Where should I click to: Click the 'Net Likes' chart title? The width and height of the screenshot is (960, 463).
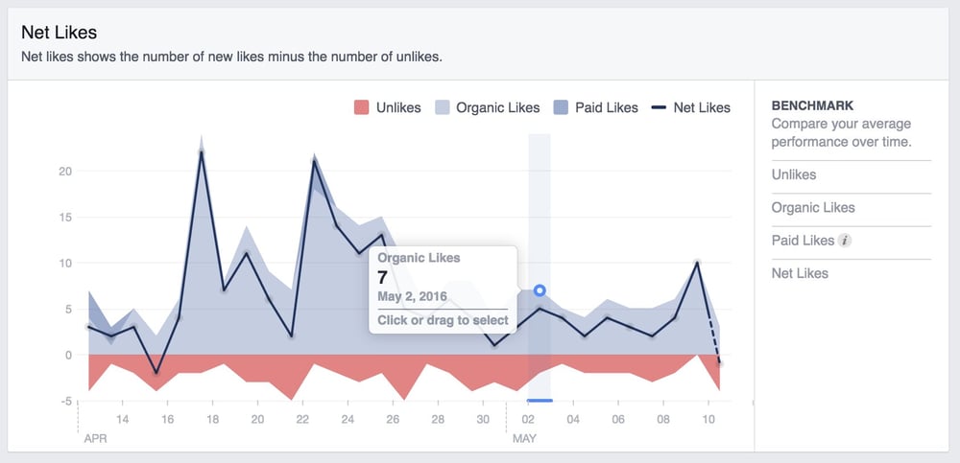point(59,33)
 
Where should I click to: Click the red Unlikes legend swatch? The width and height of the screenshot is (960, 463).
point(361,107)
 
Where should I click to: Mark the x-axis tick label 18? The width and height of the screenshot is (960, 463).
point(212,419)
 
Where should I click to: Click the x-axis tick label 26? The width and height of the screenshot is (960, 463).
point(393,419)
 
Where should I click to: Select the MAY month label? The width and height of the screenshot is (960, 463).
point(523,438)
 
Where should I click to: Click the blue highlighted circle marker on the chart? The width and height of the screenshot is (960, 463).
point(540,290)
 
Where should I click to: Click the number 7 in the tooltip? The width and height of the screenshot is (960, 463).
point(382,276)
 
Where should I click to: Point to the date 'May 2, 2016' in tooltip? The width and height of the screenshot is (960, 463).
point(413,296)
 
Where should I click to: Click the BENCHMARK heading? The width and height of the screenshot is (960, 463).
point(812,105)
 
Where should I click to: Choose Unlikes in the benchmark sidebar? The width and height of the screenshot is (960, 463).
point(794,174)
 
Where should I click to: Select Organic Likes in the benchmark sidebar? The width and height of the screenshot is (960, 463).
point(812,207)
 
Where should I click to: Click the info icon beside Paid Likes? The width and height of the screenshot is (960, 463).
point(845,241)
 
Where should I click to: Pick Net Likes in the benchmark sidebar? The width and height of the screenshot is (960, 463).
point(800,273)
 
